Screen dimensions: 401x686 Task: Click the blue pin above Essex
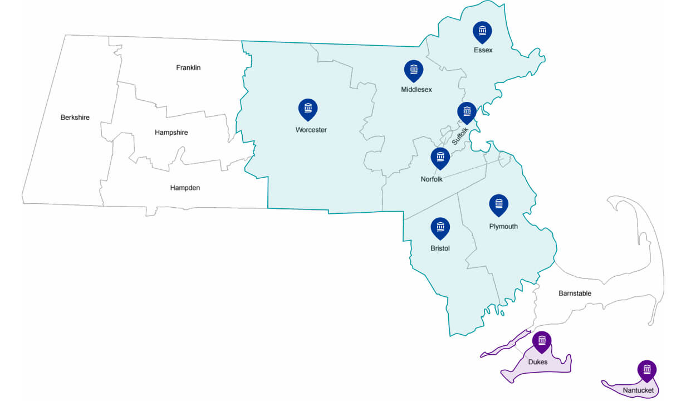click(482, 31)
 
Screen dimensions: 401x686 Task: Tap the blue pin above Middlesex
click(413, 70)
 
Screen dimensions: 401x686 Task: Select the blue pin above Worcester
click(308, 109)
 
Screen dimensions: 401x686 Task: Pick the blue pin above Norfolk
click(440, 157)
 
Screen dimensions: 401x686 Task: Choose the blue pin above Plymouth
click(498, 204)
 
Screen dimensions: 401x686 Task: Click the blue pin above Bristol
click(440, 227)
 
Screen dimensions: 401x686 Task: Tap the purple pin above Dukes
click(542, 341)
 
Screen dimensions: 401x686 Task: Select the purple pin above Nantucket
click(646, 370)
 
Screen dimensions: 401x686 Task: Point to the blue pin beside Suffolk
click(467, 112)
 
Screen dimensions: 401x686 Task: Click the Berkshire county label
click(75, 118)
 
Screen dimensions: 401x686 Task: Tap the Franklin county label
click(188, 68)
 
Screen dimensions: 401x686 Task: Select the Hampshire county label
click(171, 133)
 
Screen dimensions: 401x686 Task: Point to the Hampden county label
click(185, 188)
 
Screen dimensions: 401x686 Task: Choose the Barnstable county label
click(575, 293)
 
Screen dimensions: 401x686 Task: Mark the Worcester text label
click(311, 130)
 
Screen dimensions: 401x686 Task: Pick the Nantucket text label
click(639, 390)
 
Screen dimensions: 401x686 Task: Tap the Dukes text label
click(538, 362)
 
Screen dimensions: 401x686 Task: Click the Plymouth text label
click(503, 226)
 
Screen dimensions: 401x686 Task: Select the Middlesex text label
click(416, 89)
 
